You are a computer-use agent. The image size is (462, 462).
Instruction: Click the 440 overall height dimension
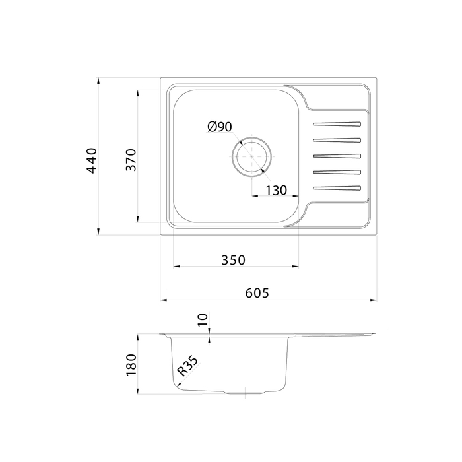pyautogui.click(x=92, y=160)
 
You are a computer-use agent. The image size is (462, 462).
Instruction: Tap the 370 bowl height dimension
pyautogui.click(x=131, y=160)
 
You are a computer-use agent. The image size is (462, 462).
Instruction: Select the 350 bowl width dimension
pyautogui.click(x=233, y=260)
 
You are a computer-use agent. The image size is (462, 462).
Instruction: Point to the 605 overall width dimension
pyautogui.click(x=257, y=293)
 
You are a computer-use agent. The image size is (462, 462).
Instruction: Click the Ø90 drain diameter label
pyautogui.click(x=220, y=127)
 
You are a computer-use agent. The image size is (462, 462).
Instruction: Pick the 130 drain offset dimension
pyautogui.click(x=277, y=191)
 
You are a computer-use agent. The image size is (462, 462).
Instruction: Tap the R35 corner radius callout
pyautogui.click(x=187, y=366)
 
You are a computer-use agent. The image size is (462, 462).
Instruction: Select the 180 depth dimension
pyautogui.click(x=131, y=365)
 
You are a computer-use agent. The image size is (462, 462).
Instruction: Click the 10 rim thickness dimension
pyautogui.click(x=203, y=319)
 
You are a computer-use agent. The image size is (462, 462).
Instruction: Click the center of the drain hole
pyautogui.click(x=251, y=156)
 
